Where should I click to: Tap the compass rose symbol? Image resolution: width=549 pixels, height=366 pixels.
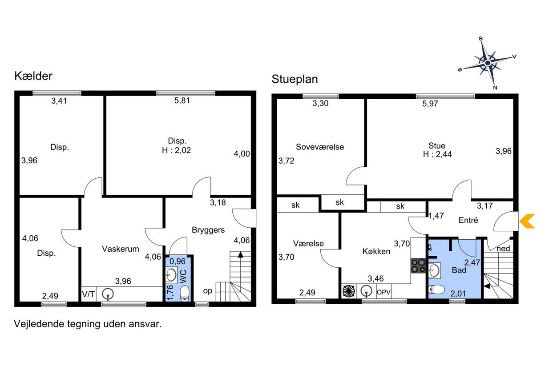click(488, 63)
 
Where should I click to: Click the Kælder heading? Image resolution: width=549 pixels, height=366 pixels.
click(33, 76)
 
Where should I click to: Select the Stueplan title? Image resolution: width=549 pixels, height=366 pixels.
click(295, 79)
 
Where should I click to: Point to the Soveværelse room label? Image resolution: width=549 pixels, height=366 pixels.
click(320, 147)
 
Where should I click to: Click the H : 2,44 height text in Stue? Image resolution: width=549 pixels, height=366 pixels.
click(437, 154)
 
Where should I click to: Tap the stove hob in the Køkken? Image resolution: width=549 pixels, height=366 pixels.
click(418, 266)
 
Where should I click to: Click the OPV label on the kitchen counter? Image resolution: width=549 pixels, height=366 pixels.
click(384, 292)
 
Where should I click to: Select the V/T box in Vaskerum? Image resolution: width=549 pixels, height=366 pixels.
click(89, 294)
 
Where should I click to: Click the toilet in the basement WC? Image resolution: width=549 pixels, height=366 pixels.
click(185, 294)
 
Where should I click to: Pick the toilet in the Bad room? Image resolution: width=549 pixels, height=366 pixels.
click(436, 290)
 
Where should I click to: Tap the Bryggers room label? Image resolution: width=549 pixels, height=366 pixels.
click(208, 230)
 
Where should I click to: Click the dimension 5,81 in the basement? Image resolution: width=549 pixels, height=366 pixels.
click(182, 101)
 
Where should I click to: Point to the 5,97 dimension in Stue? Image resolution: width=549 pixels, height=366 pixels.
click(430, 104)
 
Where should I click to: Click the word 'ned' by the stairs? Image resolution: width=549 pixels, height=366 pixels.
click(503, 249)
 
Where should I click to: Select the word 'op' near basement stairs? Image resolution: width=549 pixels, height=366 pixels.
click(208, 291)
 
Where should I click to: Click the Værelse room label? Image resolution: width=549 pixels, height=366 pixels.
click(308, 243)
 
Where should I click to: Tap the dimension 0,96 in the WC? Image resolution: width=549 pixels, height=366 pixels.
click(178, 261)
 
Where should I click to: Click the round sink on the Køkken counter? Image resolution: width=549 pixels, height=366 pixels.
click(367, 291)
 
